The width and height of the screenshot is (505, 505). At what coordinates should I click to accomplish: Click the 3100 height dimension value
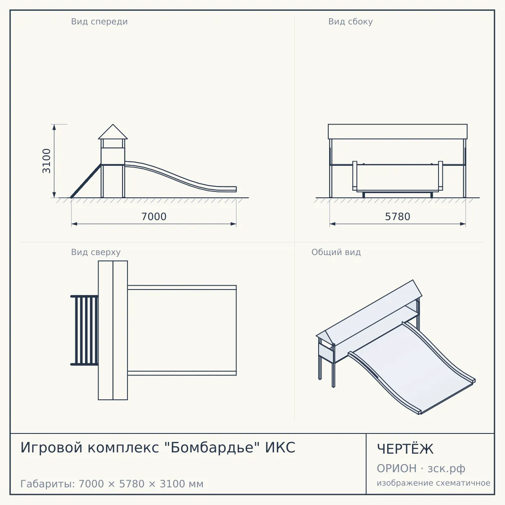tap(46, 161)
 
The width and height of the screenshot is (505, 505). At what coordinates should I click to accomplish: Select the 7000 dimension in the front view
tap(154, 217)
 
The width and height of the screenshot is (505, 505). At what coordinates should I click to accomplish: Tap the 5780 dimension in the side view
tap(398, 217)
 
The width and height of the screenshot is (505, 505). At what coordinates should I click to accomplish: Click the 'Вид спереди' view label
tap(99, 22)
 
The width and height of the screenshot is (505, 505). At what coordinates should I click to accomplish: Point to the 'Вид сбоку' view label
tap(351, 21)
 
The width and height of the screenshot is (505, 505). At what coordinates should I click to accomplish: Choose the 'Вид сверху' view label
tap(96, 252)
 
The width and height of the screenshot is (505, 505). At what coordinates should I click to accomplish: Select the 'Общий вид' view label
tap(336, 252)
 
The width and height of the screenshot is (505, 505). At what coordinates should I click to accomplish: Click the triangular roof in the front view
tap(113, 132)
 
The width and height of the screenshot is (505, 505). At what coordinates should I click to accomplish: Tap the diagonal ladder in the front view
tap(86, 181)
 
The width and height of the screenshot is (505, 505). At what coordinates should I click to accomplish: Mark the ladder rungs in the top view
tap(85, 330)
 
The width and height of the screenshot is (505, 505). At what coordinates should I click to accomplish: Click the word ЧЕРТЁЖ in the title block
tap(405, 449)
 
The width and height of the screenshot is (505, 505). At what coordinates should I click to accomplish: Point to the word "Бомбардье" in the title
tap(212, 447)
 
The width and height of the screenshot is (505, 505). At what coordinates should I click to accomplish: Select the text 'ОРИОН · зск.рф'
tap(421, 468)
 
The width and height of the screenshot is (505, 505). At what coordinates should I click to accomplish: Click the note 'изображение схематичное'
tap(433, 483)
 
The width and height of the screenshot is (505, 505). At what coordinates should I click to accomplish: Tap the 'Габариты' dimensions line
tap(112, 484)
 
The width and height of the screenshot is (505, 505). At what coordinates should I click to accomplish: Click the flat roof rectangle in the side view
tap(398, 132)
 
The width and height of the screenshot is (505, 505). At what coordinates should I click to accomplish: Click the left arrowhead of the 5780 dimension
tap(332, 224)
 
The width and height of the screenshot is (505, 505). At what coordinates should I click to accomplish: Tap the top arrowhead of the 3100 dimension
tap(54, 127)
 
